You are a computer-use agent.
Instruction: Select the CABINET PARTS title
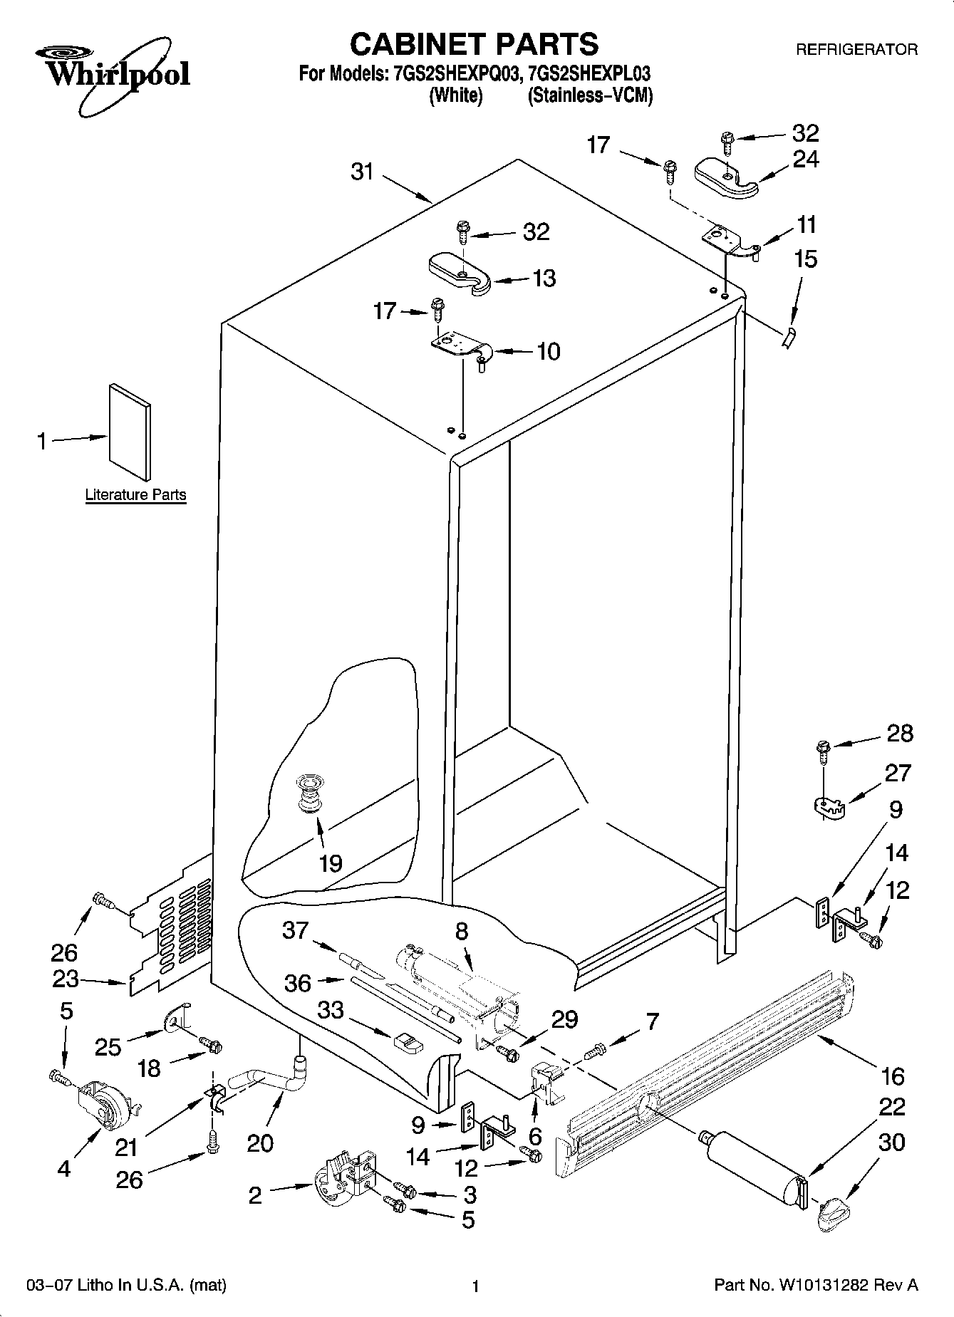click(474, 44)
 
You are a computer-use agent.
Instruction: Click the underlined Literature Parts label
click(135, 494)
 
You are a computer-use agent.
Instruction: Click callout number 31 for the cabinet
click(362, 172)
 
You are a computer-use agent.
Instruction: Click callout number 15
click(805, 259)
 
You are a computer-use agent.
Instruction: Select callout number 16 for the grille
click(892, 1076)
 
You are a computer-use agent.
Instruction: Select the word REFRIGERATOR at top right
click(856, 50)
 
